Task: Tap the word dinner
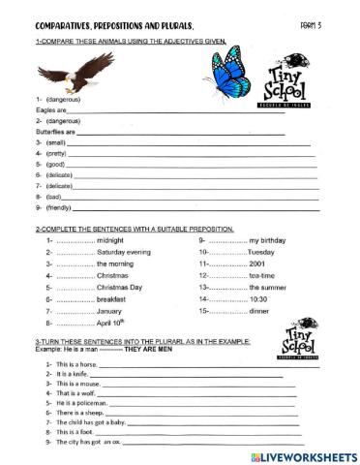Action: tap(263, 312)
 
